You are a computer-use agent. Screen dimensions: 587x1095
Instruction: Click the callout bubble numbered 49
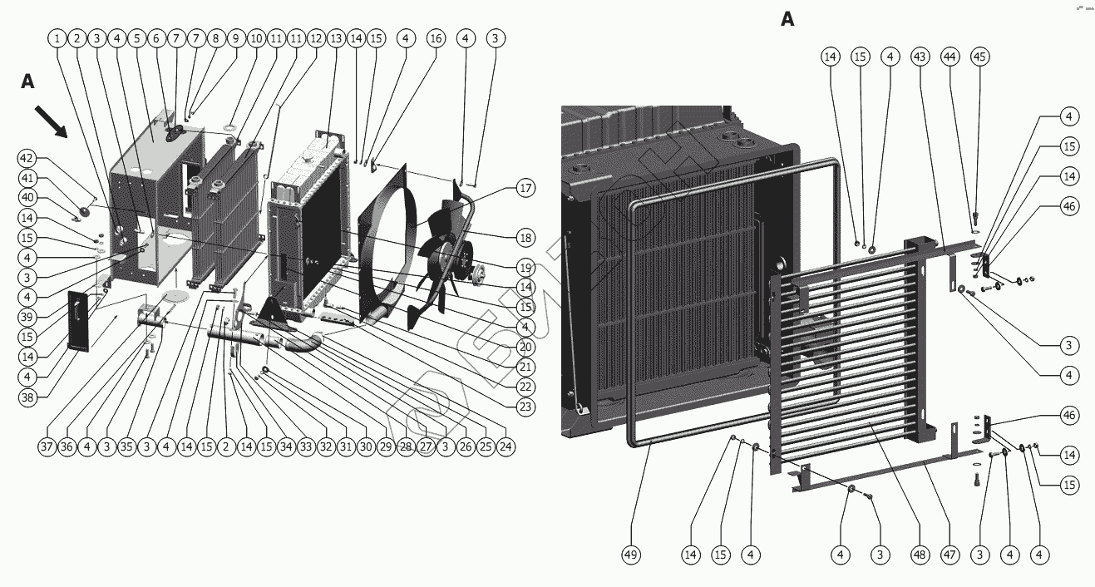630,555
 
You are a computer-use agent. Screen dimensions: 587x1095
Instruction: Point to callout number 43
920,57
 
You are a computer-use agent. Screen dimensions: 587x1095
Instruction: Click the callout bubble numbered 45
979,57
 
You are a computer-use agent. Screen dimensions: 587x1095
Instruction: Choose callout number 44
950,57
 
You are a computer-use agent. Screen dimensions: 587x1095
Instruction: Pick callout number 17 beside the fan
525,188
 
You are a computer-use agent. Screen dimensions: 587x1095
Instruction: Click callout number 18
525,238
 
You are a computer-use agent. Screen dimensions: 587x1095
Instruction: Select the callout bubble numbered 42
27,158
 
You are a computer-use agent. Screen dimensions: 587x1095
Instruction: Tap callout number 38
27,398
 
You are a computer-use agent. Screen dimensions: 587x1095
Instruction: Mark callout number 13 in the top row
336,38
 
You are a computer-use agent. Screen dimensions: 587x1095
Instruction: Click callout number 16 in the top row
436,38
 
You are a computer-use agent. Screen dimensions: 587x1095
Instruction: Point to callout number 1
57,38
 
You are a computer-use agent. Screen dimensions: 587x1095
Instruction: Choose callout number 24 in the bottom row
505,446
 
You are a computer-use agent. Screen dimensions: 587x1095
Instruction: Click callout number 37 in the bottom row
47,446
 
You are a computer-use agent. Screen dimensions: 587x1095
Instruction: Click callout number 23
525,407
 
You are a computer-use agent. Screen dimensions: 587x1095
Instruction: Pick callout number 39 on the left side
27,318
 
